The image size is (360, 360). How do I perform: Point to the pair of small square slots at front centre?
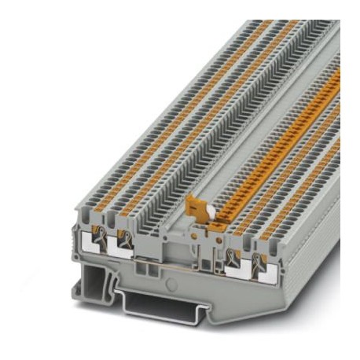[147, 268]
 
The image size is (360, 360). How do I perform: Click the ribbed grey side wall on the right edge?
[322, 236]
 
